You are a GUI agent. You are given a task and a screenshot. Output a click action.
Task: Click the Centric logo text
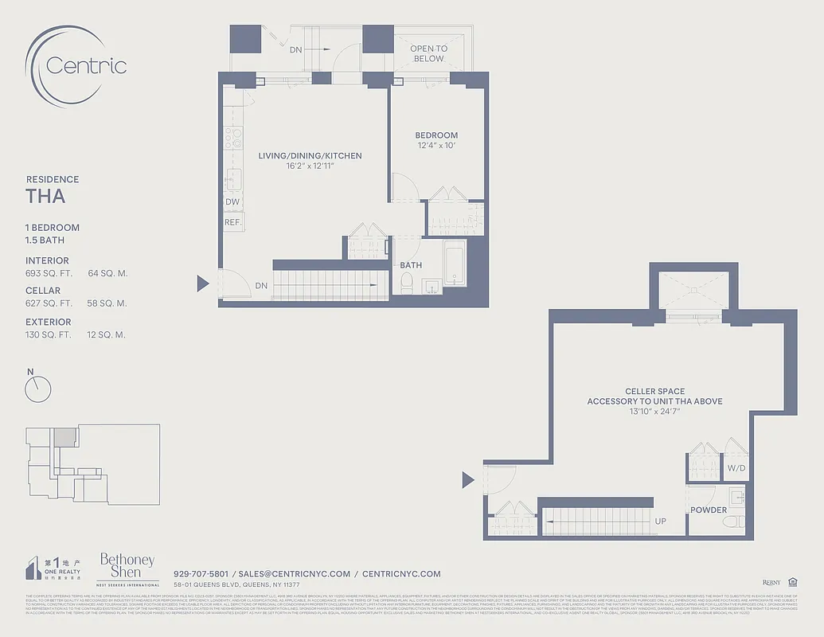point(86,65)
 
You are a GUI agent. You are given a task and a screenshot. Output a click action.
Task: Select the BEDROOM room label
point(436,135)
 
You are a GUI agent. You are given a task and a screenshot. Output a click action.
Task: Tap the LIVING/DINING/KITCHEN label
point(310,156)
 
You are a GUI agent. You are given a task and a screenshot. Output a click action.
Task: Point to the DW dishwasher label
point(232,202)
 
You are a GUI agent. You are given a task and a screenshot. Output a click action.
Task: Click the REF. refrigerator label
point(232,222)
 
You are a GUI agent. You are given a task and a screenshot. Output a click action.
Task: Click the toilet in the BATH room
point(407,283)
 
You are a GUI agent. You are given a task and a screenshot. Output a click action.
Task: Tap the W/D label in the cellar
point(736,468)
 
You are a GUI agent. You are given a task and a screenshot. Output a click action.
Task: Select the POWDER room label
point(708,510)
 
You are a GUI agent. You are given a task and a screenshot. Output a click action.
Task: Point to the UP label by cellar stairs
point(660,521)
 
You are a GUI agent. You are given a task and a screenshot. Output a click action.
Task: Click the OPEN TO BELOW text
point(428,53)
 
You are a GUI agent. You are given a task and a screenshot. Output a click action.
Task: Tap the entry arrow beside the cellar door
point(469,479)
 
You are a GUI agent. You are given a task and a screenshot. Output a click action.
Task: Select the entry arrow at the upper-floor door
point(203,283)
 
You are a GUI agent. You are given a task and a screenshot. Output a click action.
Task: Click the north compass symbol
point(37,389)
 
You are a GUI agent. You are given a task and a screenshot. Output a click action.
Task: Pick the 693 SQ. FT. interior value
point(49,273)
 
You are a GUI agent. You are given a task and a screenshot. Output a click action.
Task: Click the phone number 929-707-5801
point(201,573)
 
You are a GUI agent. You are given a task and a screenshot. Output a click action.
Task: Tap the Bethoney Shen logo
point(127,568)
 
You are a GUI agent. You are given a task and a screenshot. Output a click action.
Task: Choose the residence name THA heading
point(45,197)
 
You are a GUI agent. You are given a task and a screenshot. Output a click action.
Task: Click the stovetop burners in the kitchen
point(232,138)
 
